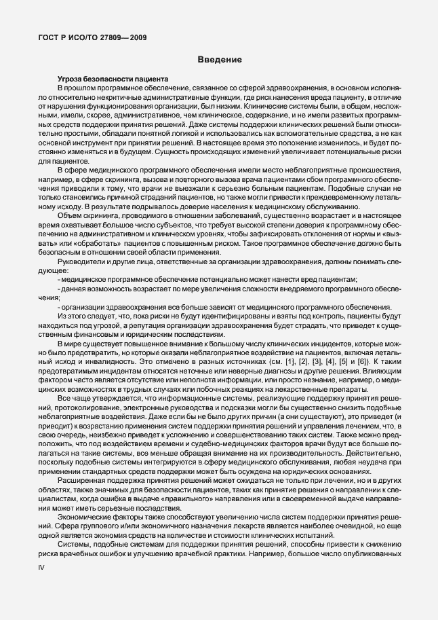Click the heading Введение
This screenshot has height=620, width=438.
[220, 60]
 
